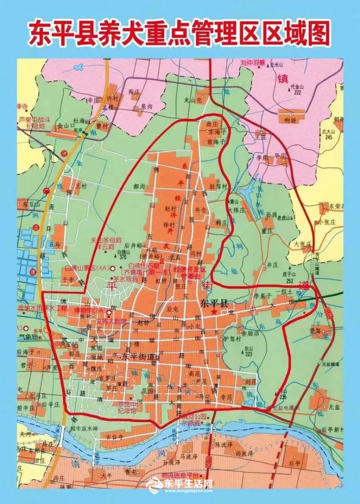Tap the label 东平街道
click(x=138, y=357)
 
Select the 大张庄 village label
click(x=302, y=244)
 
